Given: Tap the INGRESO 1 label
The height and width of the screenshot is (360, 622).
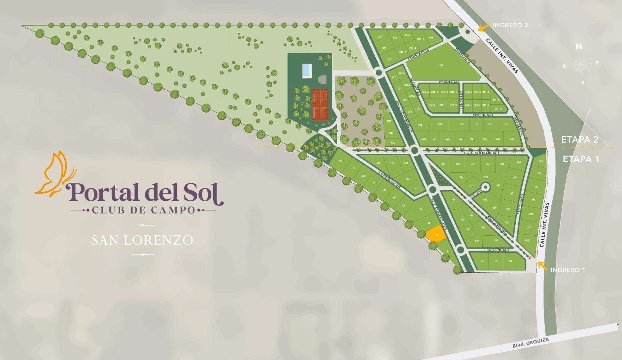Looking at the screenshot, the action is pyautogui.click(x=567, y=270).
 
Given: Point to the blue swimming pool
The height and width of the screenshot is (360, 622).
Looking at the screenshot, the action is pyautogui.click(x=306, y=70).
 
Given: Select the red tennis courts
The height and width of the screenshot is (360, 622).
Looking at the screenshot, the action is pyautogui.click(x=320, y=105).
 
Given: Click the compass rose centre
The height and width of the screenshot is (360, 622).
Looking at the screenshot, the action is pyautogui.click(x=580, y=64).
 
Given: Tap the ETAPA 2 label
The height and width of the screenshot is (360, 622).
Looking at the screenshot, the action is pyautogui.click(x=580, y=140).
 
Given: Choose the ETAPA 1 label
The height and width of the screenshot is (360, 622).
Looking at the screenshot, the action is pyautogui.click(x=581, y=159).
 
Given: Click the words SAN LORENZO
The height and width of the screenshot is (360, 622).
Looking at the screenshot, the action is pyautogui.click(x=142, y=240).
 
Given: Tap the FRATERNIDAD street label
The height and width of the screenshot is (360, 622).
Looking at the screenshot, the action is pyautogui.click(x=496, y=250).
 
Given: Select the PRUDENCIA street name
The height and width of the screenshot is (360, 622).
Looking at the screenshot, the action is pyautogui.click(x=449, y=82).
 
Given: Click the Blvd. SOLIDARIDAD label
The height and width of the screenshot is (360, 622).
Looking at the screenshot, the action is pyautogui.click(x=481, y=153).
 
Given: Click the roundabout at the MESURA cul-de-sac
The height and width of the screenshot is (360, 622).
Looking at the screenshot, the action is pyautogui.click(x=485, y=187).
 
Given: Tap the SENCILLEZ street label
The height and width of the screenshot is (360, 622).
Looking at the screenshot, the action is pyautogui.click(x=461, y=100).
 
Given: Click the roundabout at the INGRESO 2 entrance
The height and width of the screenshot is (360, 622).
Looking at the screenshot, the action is pyautogui.click(x=467, y=32).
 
